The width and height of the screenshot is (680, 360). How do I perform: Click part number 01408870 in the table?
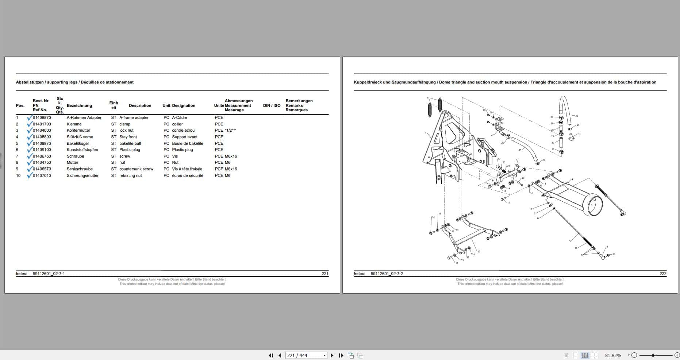point(42,118)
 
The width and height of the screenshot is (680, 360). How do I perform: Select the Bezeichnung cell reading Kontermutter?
point(78,131)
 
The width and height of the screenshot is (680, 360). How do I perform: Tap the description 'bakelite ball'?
point(130,144)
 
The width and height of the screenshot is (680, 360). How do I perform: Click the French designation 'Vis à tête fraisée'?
point(187,169)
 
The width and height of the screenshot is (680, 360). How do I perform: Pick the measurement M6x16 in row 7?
point(231,156)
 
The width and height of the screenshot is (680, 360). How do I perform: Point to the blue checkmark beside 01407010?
point(30,175)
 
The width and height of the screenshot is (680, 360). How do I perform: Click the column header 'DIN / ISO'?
point(272,106)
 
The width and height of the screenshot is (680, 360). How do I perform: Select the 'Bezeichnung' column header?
point(79,106)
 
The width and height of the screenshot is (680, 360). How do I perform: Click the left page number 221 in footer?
point(324,274)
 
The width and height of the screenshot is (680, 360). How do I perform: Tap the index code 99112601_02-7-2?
point(387,274)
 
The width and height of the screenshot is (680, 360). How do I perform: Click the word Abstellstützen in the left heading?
point(30,82)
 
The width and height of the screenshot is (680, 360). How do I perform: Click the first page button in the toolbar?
point(271,356)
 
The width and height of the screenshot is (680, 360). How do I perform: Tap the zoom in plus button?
point(676,355)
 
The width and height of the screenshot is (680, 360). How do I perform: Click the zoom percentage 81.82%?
point(613,356)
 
